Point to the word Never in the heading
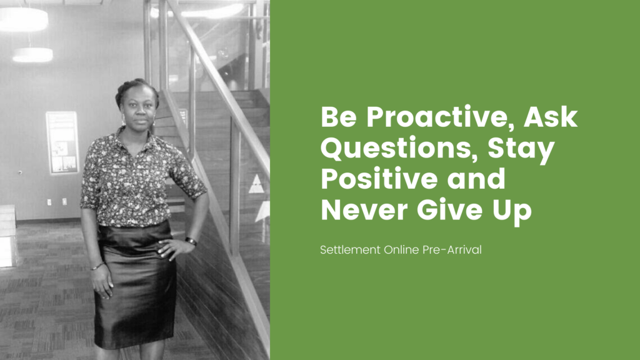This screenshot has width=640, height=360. coord(364,210)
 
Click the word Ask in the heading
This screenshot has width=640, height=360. coord(551,117)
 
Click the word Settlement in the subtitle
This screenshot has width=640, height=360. coord(350,250)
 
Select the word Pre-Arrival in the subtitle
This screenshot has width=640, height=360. coord(452,250)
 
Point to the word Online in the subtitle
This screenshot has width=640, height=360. coord(401,250)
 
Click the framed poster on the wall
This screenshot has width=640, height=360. coord(62,142)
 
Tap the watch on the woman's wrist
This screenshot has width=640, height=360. coord(191,242)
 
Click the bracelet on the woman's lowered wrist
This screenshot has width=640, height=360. coord(97,266)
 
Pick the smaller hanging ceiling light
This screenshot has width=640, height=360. coord(32,55)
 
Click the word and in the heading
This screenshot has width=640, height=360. coord(476,179)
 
